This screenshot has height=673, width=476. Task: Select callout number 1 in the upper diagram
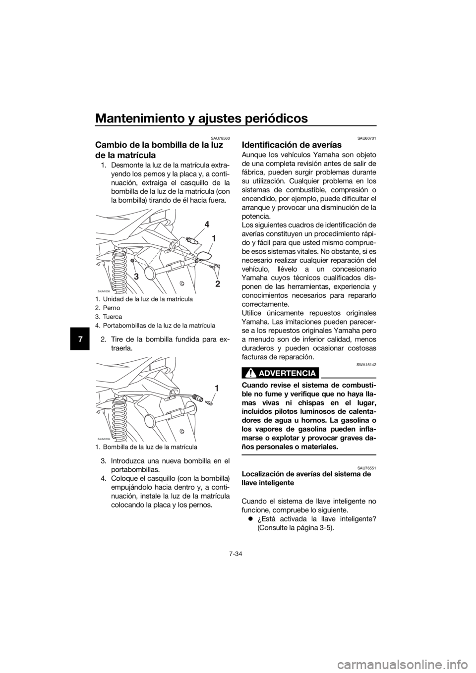[213, 238]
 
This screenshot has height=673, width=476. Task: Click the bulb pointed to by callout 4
[191, 241]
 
